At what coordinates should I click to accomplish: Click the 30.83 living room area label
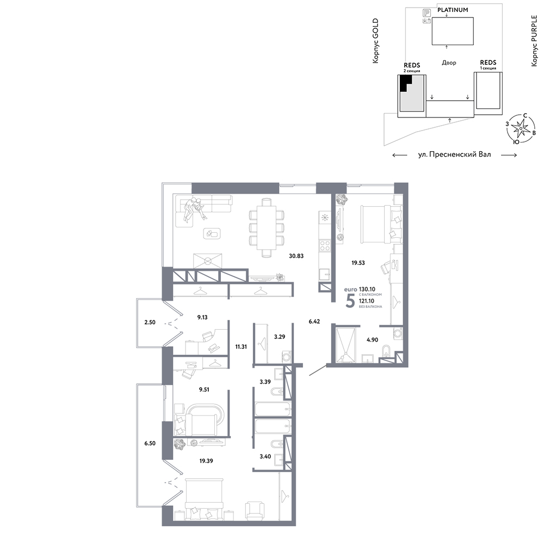point(296,256)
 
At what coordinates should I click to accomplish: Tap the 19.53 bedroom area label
point(358,263)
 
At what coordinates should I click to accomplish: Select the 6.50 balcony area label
point(150,443)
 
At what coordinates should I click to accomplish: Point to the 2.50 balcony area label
point(150,322)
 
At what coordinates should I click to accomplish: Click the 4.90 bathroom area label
point(372,340)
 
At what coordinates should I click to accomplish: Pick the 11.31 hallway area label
point(241,347)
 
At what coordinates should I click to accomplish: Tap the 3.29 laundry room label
point(279,337)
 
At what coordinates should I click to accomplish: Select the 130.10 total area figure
point(367,289)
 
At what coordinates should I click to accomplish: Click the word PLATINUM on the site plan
point(453,10)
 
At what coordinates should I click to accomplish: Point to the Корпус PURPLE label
point(534,41)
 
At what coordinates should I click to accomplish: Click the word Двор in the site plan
point(449,63)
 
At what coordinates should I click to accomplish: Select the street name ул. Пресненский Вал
point(454,154)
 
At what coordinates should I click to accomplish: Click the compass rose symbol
point(521,129)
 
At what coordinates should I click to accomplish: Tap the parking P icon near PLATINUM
point(426,13)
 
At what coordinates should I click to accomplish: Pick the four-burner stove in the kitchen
point(325,246)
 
